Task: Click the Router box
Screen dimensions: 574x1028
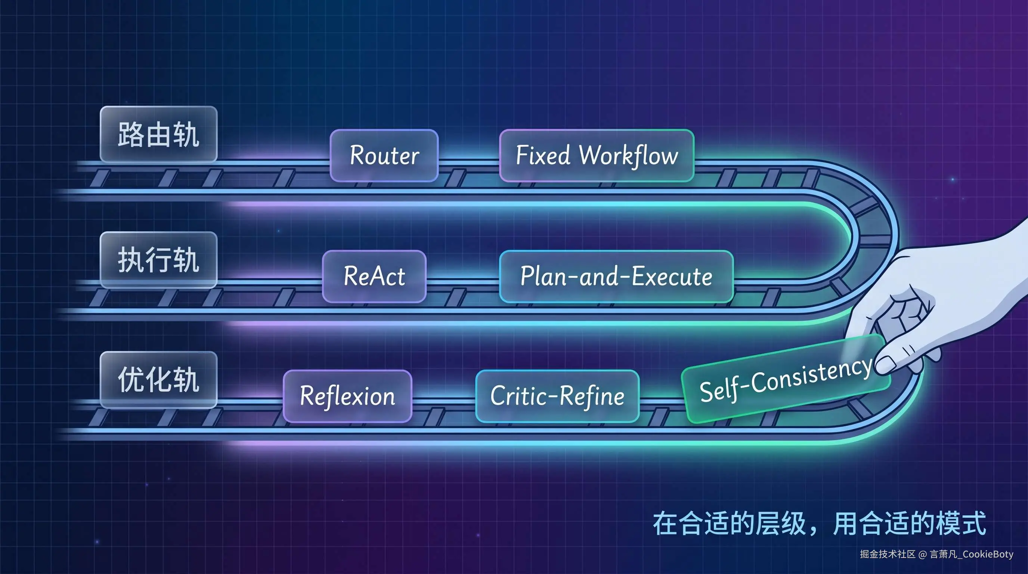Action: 384,155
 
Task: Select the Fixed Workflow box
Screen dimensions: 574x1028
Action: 597,155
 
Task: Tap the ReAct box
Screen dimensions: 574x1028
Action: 374,276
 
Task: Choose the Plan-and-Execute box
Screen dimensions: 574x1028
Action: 616,276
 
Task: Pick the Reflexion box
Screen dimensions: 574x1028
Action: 347,396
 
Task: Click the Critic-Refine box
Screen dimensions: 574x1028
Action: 557,396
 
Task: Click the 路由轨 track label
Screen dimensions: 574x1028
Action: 158,135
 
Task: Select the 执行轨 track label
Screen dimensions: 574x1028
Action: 158,260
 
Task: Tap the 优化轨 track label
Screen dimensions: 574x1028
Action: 158,380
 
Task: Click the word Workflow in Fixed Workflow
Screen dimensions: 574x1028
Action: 629,155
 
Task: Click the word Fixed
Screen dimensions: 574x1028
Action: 543,155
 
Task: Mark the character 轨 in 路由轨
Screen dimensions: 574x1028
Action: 186,135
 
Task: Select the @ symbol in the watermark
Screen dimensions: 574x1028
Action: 922,554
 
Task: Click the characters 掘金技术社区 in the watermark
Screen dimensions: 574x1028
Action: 888,554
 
